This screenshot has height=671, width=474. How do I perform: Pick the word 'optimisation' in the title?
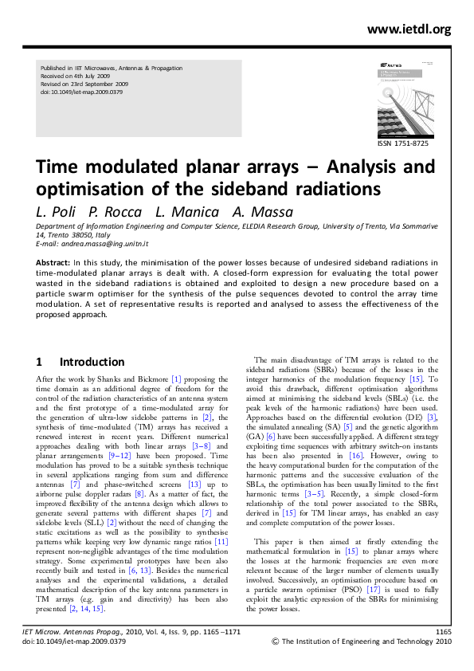88,190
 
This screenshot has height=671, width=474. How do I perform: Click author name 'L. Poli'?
56,212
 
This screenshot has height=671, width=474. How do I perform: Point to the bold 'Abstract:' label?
53,261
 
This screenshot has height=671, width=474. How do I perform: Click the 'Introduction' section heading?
92,362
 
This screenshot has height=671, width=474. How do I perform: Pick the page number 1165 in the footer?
444,631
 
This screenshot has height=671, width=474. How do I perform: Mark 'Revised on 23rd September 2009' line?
84,84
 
